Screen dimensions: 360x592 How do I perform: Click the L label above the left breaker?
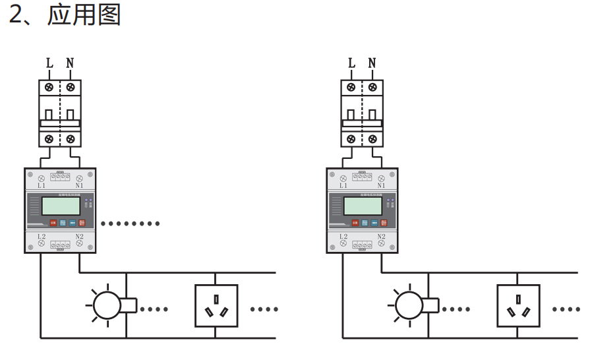coord(49,63)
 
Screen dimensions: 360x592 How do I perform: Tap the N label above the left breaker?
coord(70,63)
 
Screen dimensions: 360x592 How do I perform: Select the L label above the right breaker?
coord(351,63)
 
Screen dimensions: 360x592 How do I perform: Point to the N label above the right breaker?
coord(372,63)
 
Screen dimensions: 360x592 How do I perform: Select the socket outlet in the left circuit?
coord(216,305)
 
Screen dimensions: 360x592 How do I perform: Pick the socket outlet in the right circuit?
coord(518,305)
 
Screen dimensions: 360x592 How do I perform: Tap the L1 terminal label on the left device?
coord(41,186)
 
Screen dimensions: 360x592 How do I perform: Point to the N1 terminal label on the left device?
coord(79,186)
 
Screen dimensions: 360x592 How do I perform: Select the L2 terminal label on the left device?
coord(41,236)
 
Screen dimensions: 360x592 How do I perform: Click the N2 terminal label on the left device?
coord(79,236)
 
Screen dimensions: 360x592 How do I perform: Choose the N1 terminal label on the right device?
coord(381,186)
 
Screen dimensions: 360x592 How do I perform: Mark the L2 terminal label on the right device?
coord(343,236)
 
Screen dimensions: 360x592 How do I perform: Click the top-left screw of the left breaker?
coord(49,87)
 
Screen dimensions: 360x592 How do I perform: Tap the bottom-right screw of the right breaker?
coord(372,139)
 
